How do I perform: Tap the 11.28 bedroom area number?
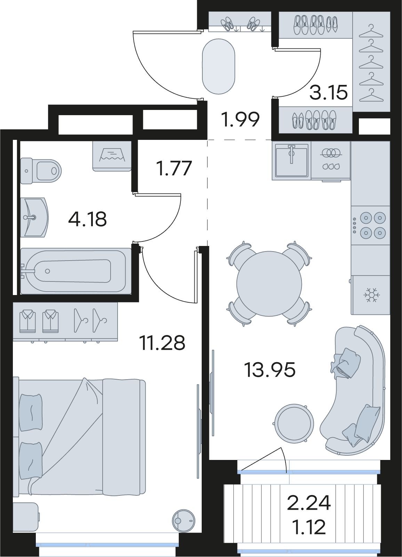[163, 343]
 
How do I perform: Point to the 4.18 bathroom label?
[88, 219]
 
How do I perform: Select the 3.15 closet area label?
[328, 92]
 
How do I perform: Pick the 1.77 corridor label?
[174, 168]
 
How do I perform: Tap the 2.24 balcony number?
[309, 502]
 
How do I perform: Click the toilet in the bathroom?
[41, 171]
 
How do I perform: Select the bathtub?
[76, 271]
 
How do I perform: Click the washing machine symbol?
[112, 156]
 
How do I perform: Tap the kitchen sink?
[292, 160]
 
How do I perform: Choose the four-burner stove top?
[370, 225]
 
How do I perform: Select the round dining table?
[269, 284]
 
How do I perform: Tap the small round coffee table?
[294, 424]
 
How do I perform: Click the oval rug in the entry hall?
[218, 66]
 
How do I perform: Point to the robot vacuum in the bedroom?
[184, 521]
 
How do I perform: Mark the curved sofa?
[353, 390]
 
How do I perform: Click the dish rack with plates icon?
[331, 159]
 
